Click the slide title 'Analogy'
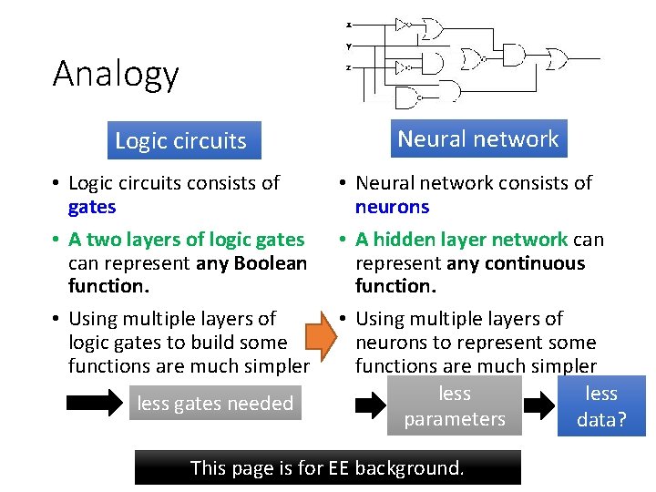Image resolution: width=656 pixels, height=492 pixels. tap(116, 74)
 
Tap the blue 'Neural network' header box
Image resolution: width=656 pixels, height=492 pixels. tap(478, 139)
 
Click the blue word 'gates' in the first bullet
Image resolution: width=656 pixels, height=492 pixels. tap(92, 207)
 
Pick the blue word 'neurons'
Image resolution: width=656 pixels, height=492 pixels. tap(392, 207)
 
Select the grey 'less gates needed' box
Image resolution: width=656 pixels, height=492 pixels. tap(215, 404)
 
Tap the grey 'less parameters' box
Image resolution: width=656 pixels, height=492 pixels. tap(455, 406)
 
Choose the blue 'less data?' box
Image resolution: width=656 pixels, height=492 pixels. tap(601, 406)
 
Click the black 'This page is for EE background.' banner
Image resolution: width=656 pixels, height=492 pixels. tap(327, 468)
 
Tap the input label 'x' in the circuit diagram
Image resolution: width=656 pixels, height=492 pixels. tap(349, 25)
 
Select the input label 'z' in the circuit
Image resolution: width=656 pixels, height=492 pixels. tap(349, 68)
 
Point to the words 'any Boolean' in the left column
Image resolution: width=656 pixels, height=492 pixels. tap(252, 263)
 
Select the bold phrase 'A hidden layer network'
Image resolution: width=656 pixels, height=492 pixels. tap(461, 240)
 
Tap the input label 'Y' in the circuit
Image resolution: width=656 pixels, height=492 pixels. tap(349, 46)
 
